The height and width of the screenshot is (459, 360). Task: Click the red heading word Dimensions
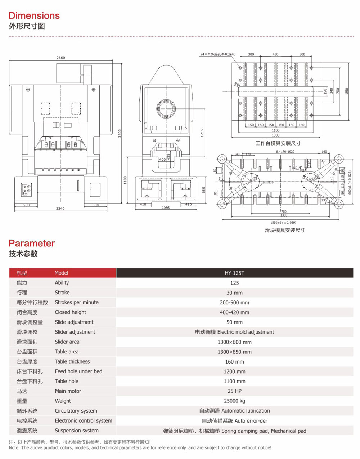click(34, 15)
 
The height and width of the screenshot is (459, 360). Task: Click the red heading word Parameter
click(32, 243)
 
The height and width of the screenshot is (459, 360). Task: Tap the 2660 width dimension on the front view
click(61, 58)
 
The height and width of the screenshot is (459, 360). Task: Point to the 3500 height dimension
click(120, 133)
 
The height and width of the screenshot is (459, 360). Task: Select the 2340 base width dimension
click(60, 209)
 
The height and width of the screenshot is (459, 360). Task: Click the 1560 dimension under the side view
click(166, 208)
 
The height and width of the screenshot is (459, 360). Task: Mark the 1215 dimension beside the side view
click(202, 133)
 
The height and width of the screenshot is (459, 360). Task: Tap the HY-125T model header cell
click(234, 273)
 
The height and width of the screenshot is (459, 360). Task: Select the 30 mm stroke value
click(234, 293)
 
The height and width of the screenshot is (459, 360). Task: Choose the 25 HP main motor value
click(234, 391)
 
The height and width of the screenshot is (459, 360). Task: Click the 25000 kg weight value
click(234, 401)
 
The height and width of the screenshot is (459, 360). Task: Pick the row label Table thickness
click(72, 362)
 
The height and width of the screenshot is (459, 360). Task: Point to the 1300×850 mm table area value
click(234, 352)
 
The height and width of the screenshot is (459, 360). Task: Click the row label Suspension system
click(77, 431)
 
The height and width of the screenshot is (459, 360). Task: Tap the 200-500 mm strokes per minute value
click(234, 303)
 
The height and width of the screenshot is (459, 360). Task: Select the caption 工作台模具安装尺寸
click(278, 143)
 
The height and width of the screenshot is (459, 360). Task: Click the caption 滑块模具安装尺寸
click(285, 230)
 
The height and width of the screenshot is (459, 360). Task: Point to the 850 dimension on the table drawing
click(347, 90)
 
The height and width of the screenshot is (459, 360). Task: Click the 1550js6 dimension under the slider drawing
click(283, 223)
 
